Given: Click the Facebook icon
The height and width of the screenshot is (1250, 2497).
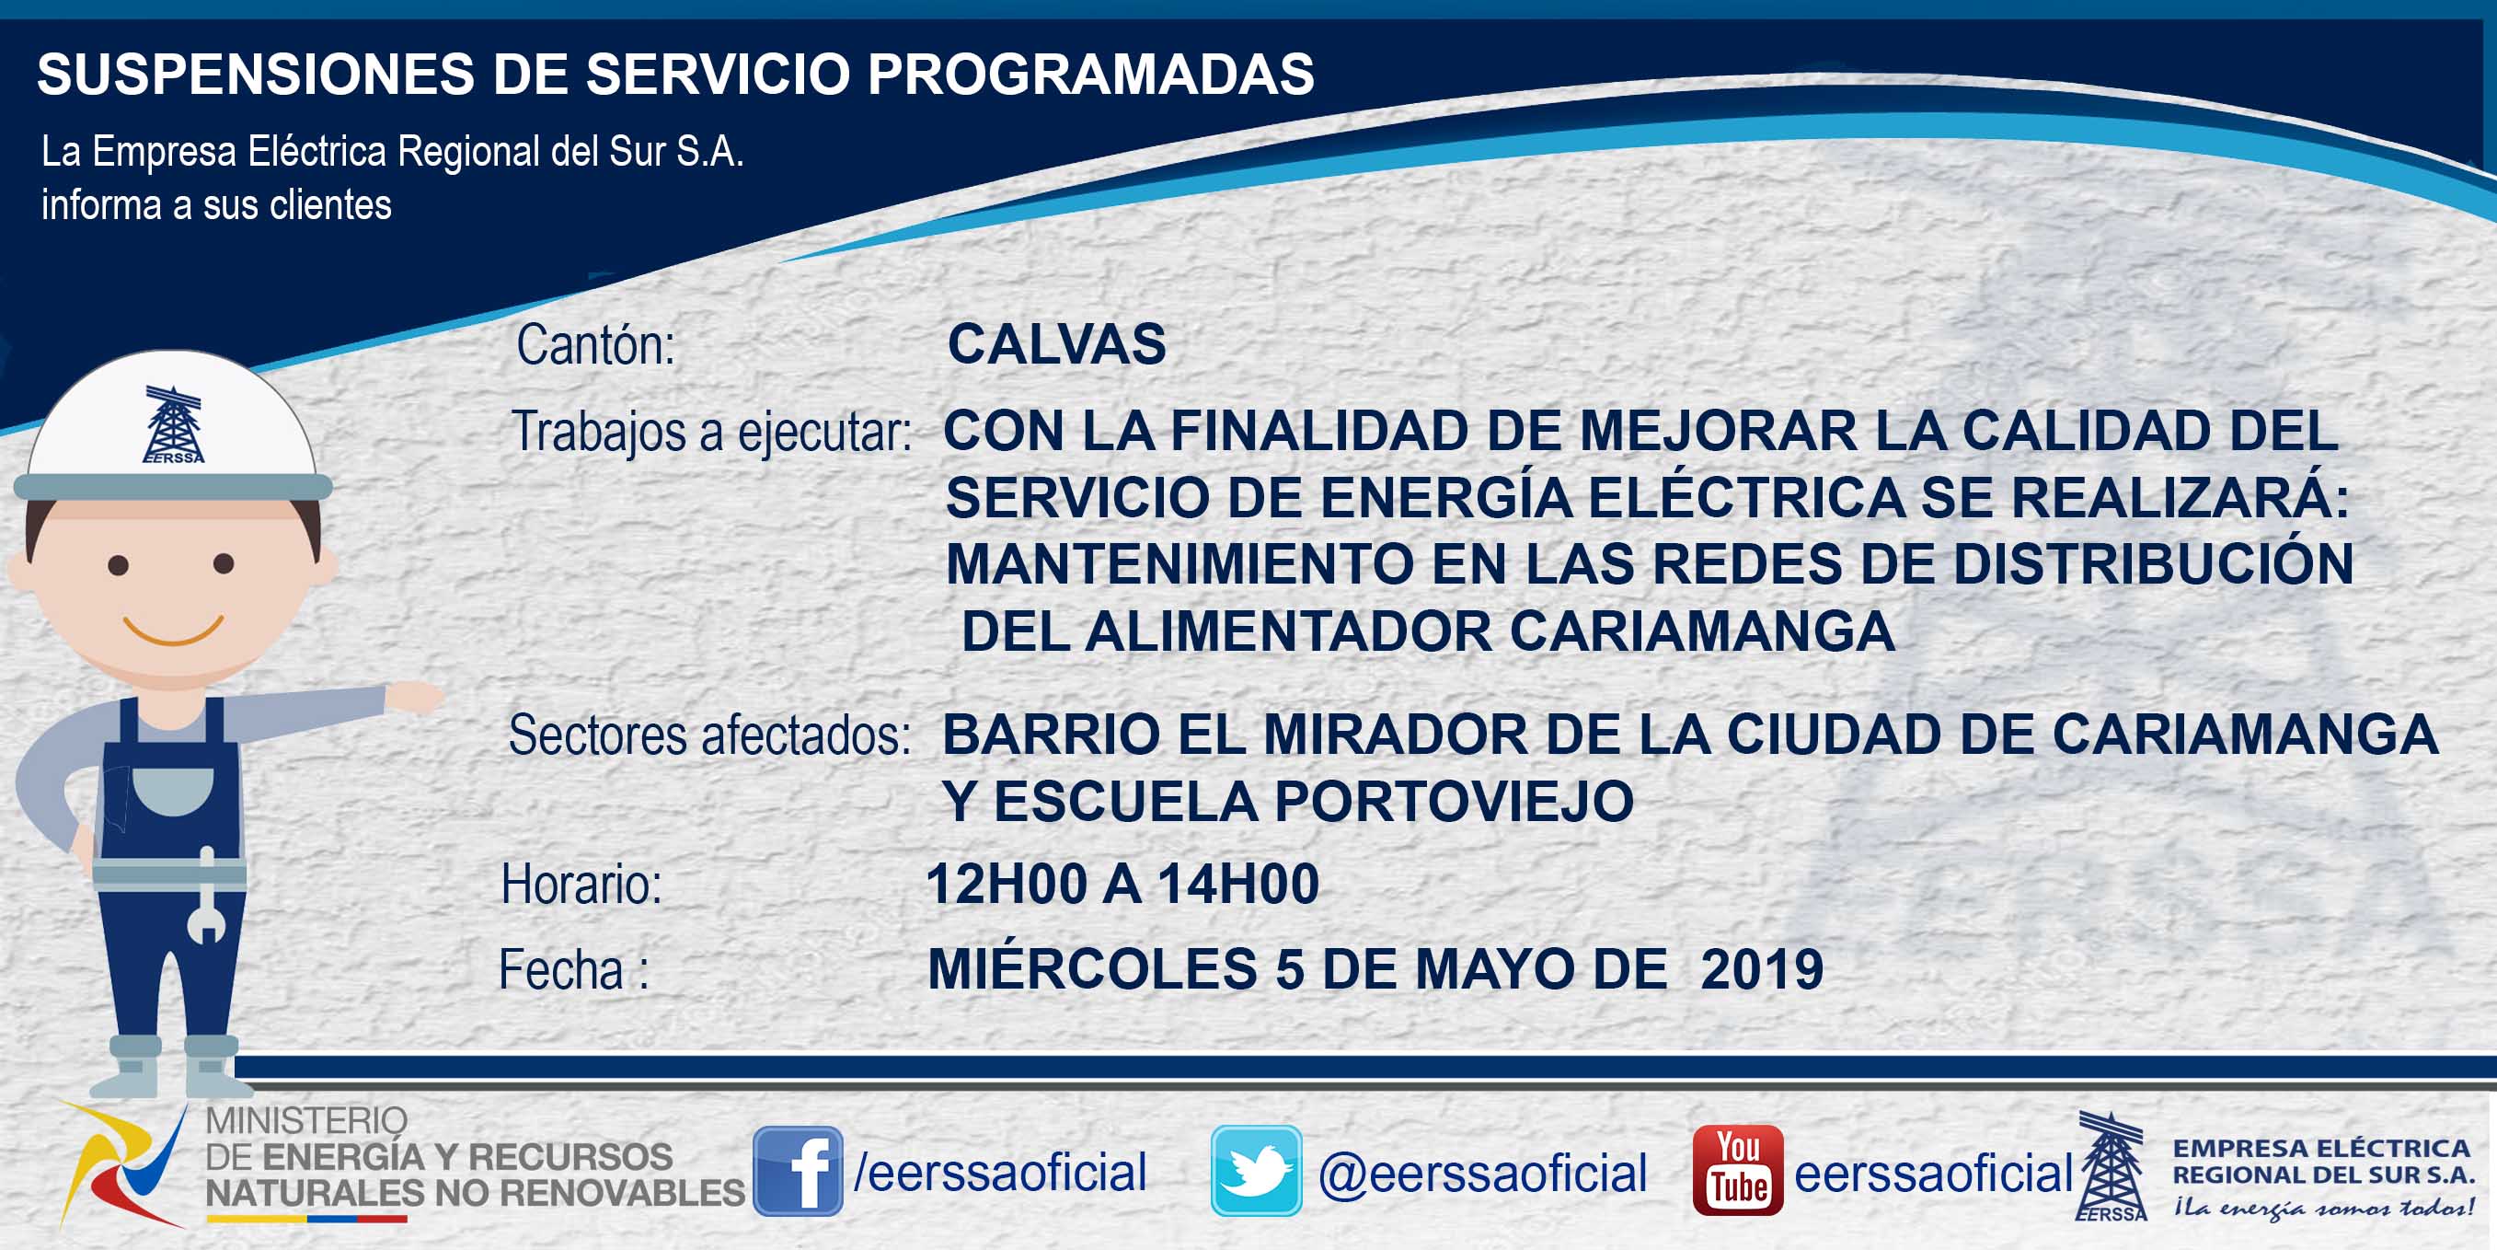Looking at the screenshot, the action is click(798, 1172).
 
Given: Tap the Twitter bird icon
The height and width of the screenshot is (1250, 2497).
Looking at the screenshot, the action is click(1256, 1171).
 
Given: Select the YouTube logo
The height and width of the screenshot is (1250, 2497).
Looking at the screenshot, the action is click(1738, 1171).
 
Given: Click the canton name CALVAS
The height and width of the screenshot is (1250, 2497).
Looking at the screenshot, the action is click(1056, 344).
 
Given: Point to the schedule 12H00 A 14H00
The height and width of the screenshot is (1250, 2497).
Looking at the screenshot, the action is click(1122, 885).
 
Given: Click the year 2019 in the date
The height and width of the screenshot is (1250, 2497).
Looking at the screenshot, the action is click(1762, 968).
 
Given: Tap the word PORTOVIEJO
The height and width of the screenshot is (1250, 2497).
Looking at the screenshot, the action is click(1454, 802).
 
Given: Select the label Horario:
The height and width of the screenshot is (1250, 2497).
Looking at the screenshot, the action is click(581, 885).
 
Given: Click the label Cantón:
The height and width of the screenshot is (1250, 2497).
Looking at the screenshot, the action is click(596, 344).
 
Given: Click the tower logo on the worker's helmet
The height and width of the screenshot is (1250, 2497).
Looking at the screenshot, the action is click(174, 424).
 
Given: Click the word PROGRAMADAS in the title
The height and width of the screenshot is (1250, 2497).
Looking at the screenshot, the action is click(1090, 74).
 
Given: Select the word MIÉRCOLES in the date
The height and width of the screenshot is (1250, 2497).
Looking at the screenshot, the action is click(1092, 968).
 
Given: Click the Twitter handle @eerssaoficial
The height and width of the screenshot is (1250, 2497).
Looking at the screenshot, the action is click(1482, 1174).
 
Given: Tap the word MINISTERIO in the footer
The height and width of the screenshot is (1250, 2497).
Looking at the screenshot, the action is click(306, 1121).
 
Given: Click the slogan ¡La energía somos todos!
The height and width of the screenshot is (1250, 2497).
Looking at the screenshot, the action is click(2322, 1208).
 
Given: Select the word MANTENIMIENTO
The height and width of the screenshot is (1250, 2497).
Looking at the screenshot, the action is click(1179, 564).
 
